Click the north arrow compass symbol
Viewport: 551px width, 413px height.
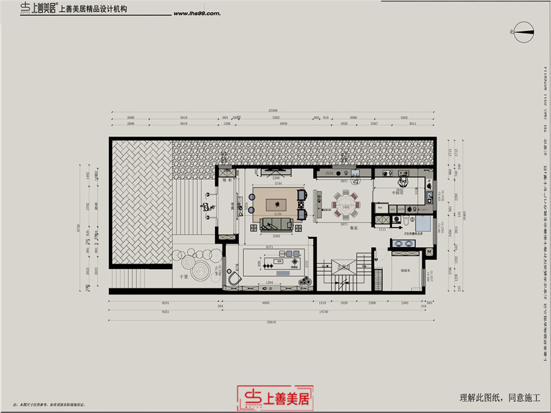[523, 30]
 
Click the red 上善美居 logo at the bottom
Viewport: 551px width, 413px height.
[275, 397]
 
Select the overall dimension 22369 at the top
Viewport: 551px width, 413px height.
[273, 111]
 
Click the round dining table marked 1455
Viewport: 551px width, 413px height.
[342, 204]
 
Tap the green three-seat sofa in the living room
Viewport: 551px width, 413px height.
[277, 223]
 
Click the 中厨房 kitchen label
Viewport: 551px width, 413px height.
[397, 193]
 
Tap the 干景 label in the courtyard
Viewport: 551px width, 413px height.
[185, 277]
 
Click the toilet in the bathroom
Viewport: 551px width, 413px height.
[408, 222]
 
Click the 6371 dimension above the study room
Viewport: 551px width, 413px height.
[271, 246]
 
